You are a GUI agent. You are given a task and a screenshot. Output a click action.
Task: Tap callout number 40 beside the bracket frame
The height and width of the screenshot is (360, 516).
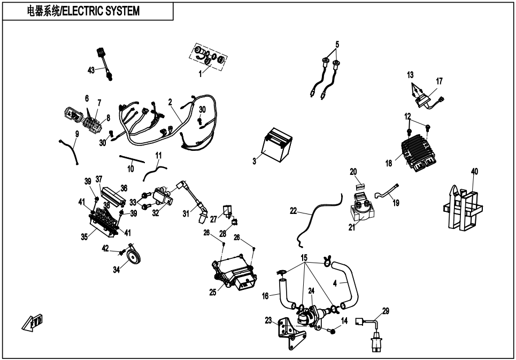tap(474, 172)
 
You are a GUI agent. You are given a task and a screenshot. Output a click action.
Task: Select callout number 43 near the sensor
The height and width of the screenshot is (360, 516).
tap(91, 70)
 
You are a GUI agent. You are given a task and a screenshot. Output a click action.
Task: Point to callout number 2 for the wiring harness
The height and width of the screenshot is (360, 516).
tap(170, 102)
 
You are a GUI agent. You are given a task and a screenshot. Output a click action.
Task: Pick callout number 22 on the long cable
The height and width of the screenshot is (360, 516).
tap(293, 211)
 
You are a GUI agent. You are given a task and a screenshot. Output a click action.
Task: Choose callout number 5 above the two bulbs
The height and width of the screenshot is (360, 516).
tap(337, 44)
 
